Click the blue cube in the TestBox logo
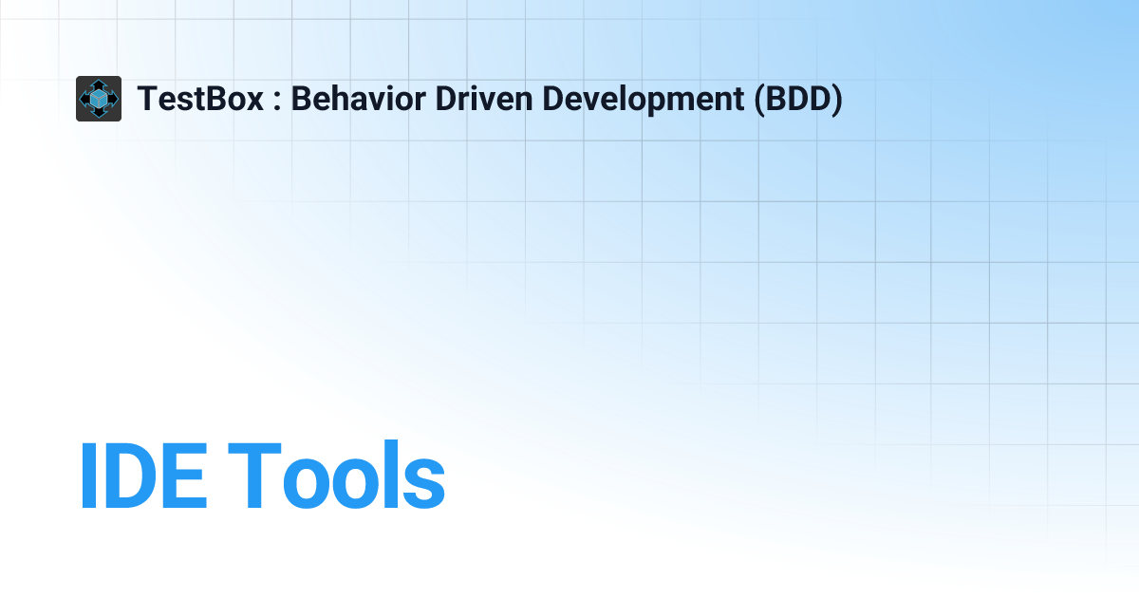(99, 99)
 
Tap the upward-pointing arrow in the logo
(99, 84)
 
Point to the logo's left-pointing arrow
(84, 99)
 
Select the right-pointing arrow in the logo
(114, 99)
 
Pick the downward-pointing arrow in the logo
(99, 114)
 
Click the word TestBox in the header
(200, 99)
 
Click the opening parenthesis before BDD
(760, 99)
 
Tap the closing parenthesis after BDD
(836, 99)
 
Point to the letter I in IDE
(86, 476)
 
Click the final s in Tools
(424, 483)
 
